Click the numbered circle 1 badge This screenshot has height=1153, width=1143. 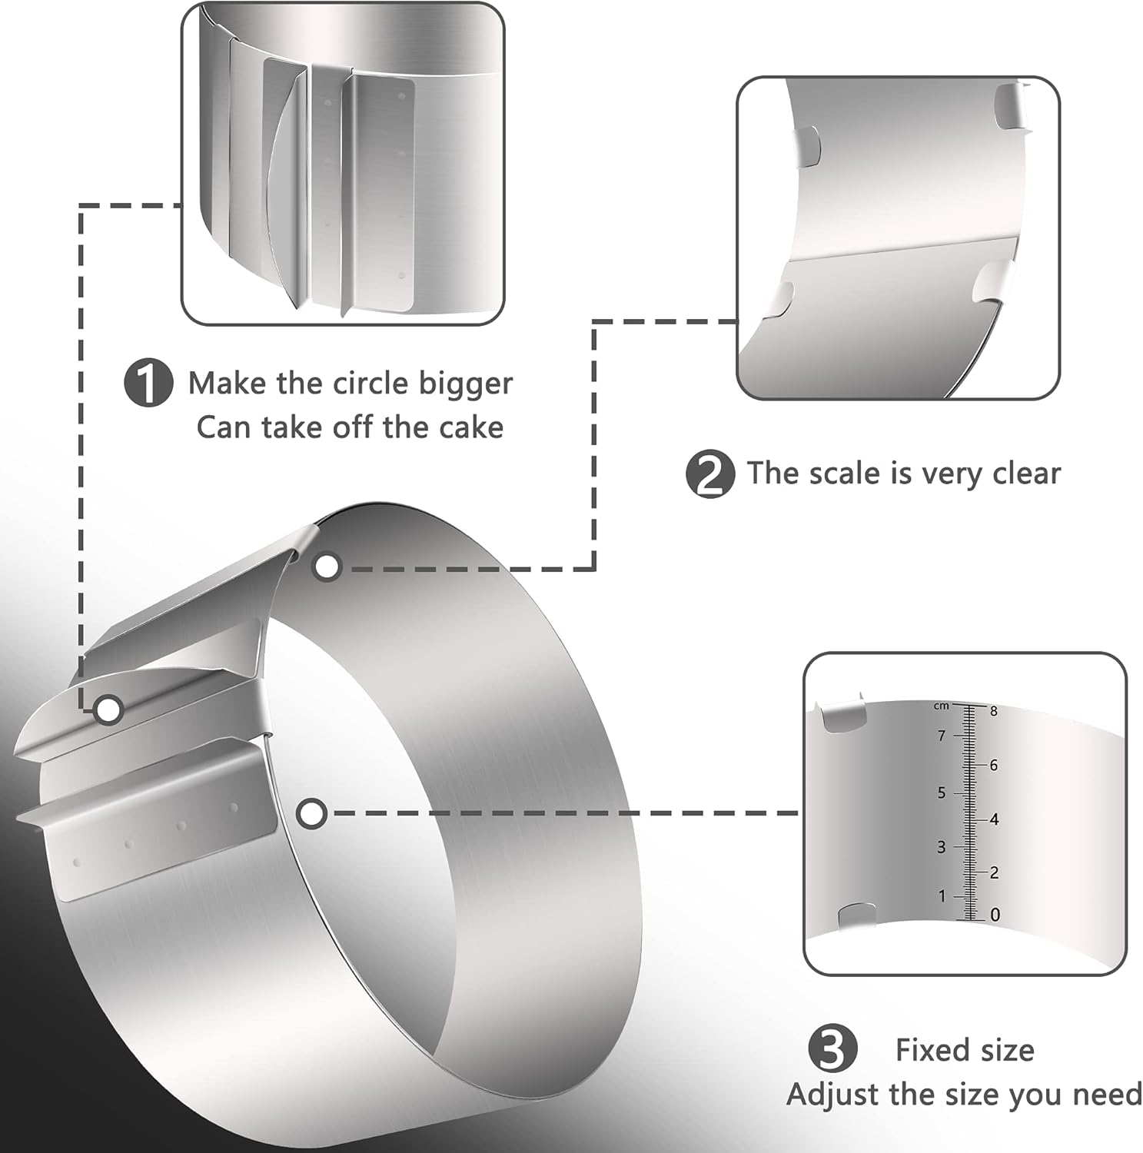(148, 384)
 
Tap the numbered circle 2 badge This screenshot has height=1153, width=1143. (709, 474)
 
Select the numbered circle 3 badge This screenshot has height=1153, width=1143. (833, 1050)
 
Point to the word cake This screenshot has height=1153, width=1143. (472, 427)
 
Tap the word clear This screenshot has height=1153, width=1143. (1026, 473)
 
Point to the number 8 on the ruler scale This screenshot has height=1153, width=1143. (993, 711)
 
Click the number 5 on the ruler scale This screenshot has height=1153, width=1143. (942, 792)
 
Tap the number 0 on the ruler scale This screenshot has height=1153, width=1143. (995, 915)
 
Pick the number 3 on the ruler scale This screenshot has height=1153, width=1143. (941, 847)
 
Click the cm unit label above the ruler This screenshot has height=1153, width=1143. (942, 706)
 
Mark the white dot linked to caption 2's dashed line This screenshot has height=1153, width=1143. (327, 567)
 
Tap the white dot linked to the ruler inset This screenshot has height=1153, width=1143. (311, 814)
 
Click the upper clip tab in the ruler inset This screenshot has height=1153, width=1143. (843, 716)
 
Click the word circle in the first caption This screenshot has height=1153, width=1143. (370, 383)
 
